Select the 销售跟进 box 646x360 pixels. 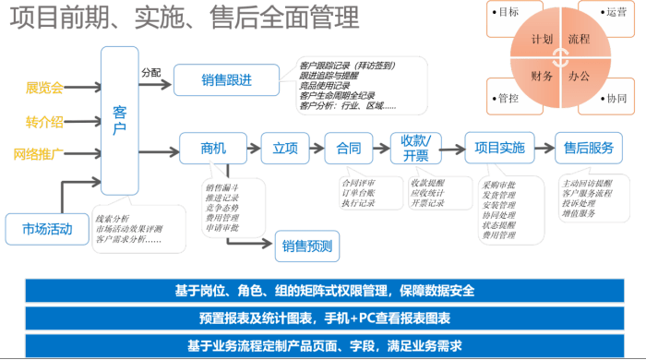point(227,79)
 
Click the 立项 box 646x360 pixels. point(285,148)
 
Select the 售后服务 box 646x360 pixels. point(589,148)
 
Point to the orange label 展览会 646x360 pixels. point(44,89)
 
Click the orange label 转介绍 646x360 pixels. point(44,121)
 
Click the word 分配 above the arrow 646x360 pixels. point(150,72)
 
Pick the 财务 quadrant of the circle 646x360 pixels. point(543,76)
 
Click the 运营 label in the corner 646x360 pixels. point(616,12)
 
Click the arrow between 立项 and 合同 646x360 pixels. point(315,148)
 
